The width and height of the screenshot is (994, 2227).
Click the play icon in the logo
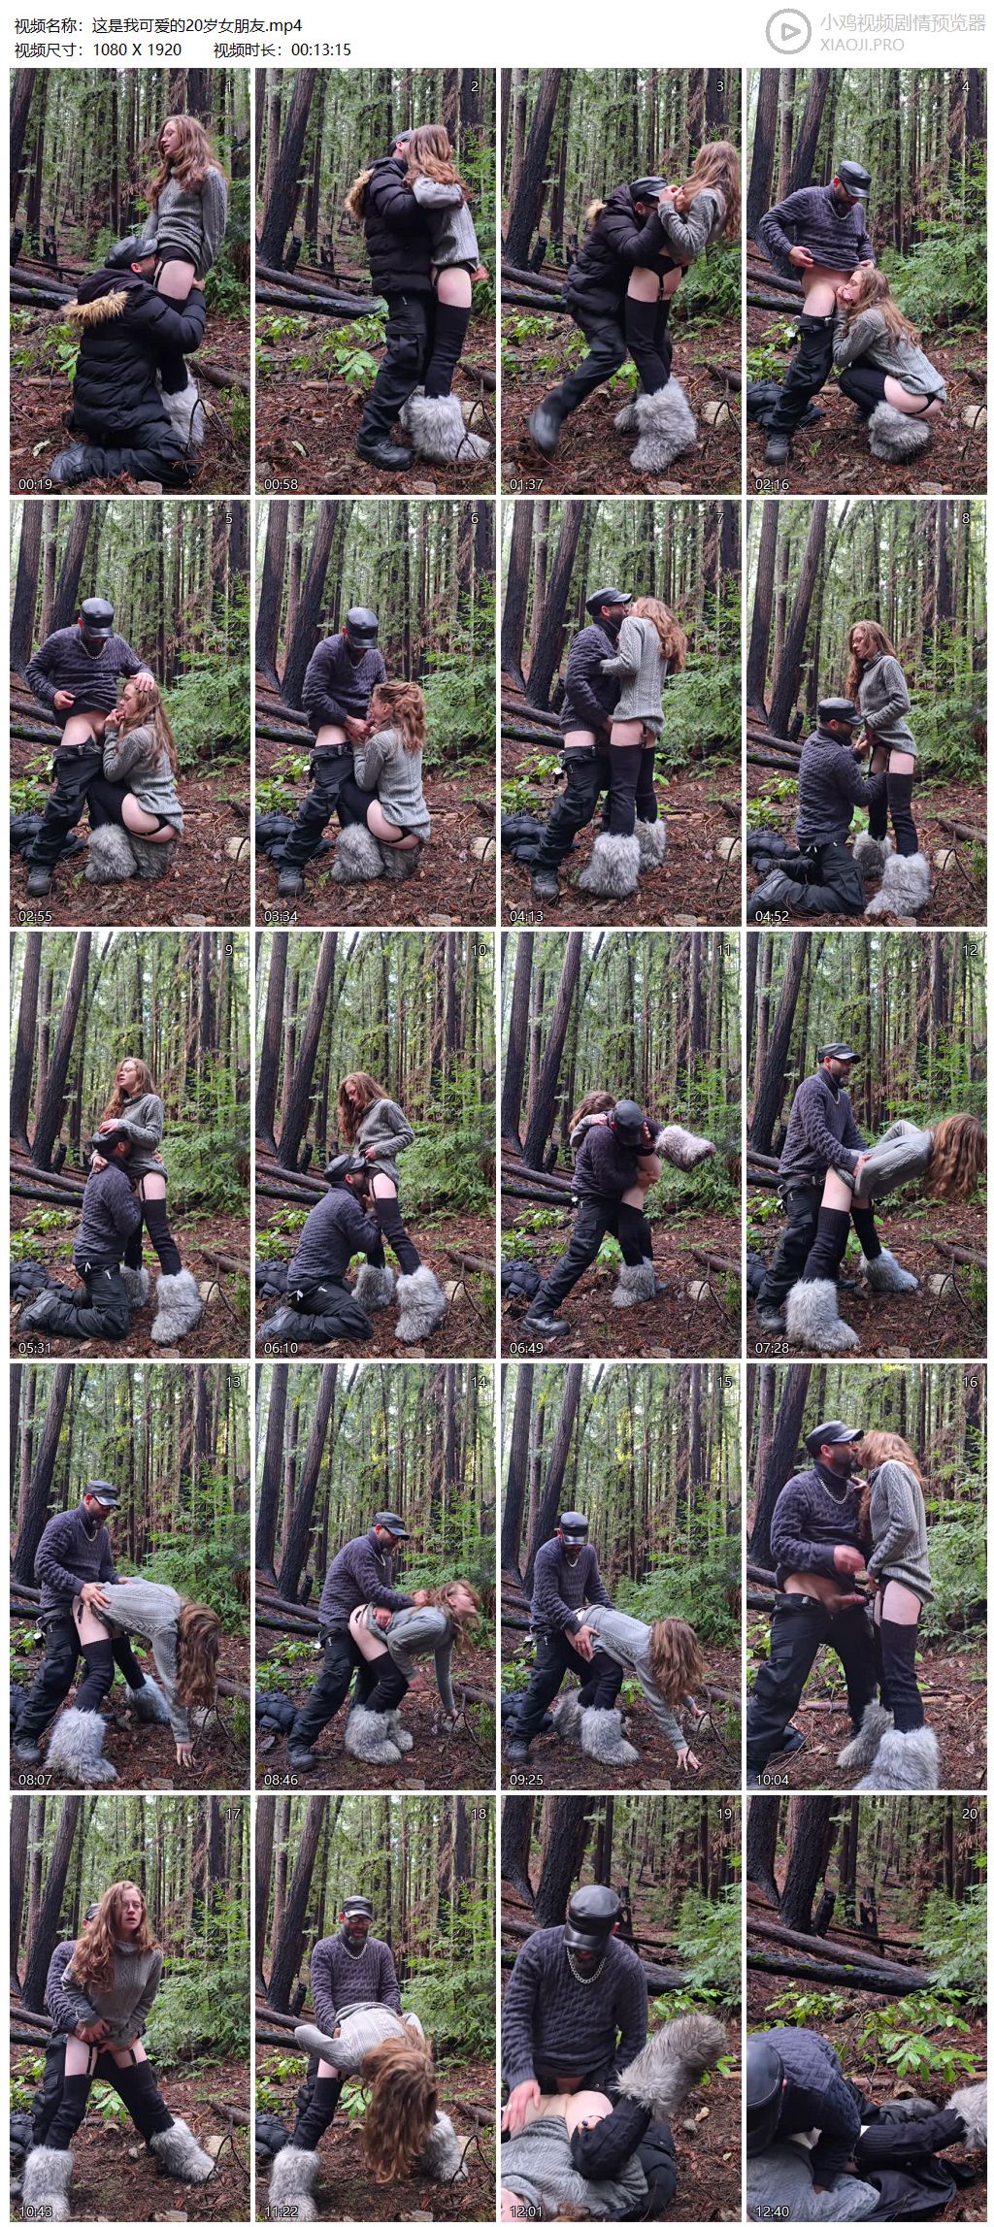tap(788, 32)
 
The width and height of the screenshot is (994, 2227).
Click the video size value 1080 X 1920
tap(137, 49)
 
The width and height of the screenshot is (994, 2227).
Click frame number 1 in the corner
tap(228, 86)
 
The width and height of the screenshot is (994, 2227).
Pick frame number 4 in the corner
tap(965, 86)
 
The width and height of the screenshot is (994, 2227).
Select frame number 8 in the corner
tap(965, 518)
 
